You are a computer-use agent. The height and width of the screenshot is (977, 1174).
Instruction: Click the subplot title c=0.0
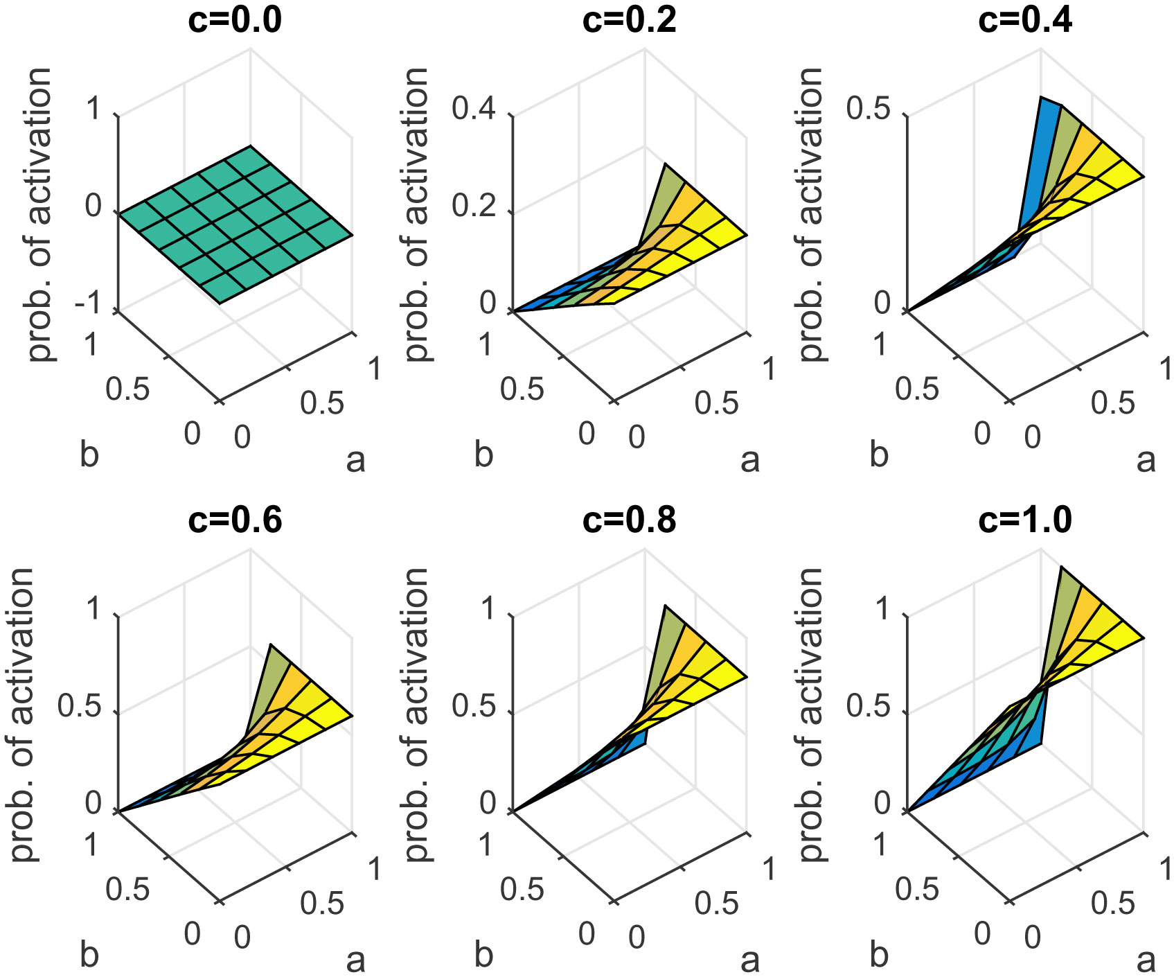point(235,20)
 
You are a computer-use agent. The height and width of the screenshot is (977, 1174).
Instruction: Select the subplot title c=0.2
point(629,20)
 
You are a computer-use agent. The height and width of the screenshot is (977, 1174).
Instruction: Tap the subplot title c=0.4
point(1025,20)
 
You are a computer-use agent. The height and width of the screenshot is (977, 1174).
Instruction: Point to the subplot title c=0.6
point(235,520)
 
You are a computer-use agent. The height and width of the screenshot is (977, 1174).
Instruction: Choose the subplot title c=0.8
point(629,520)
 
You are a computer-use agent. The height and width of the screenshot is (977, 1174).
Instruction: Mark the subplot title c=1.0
point(1025,520)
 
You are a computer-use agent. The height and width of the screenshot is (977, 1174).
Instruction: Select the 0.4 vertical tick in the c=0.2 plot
point(474,109)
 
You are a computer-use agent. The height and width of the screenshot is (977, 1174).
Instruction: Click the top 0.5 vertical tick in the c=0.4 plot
point(868,109)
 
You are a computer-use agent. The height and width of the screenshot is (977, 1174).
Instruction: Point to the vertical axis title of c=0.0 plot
point(39,215)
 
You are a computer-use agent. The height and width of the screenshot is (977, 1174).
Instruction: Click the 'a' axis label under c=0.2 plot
point(750,459)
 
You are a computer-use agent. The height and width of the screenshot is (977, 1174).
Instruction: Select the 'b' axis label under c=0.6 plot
point(89,956)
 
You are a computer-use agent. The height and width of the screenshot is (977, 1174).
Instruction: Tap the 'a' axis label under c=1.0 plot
point(1146,960)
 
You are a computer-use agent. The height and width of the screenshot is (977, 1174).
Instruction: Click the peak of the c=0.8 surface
point(665,606)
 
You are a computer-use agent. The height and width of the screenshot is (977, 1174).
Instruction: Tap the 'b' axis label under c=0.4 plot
point(879,455)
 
